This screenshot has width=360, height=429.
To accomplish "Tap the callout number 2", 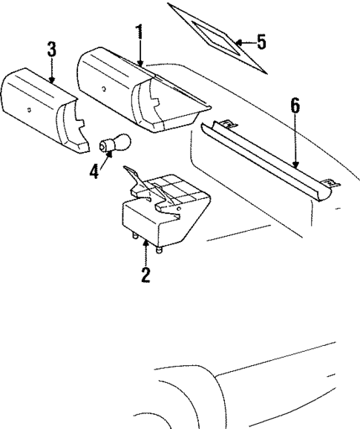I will (145, 275).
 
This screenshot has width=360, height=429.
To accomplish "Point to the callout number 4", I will (94, 171).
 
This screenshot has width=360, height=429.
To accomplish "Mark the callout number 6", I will (295, 105).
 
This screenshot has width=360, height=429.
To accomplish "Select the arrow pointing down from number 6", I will (295, 141).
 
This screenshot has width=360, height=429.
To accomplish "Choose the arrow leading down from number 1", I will (140, 52).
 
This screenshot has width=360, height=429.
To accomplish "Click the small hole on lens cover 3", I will (28, 110).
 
